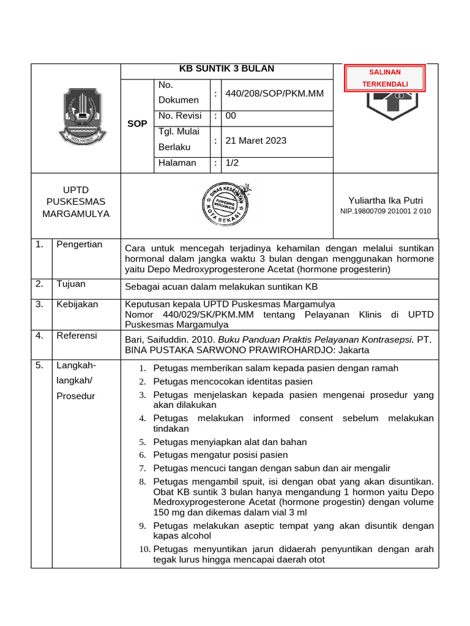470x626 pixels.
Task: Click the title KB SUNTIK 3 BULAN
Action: tap(226, 68)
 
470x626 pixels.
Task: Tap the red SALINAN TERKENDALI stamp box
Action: tap(385, 78)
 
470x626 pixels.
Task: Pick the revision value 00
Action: tap(231, 116)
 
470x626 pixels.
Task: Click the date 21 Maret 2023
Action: tap(256, 141)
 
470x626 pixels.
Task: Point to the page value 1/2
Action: tap(232, 163)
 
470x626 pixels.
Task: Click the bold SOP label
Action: tap(137, 123)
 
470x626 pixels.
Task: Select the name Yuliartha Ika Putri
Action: tap(385, 201)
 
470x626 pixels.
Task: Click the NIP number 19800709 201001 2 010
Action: tap(385, 211)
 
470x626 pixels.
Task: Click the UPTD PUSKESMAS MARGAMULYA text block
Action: tap(76, 202)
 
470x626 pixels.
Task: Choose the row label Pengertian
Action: tap(80, 245)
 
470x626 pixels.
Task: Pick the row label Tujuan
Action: tap(71, 284)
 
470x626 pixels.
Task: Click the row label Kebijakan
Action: tap(77, 304)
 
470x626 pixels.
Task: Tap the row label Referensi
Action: tap(76, 336)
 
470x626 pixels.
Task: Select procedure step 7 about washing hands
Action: tap(271, 468)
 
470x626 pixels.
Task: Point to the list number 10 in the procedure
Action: tap(144, 549)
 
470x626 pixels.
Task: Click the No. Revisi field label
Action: tap(180, 116)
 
